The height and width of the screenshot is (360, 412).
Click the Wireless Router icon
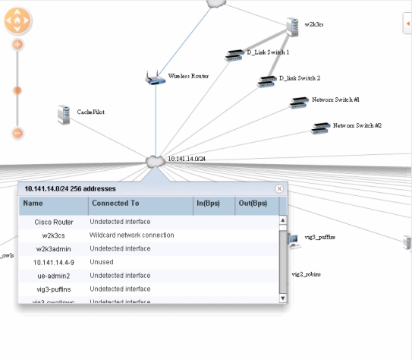[x=155, y=77]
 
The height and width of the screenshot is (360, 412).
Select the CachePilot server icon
[x=64, y=115]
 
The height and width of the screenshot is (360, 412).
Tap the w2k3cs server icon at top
[x=293, y=27]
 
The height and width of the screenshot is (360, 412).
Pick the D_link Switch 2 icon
[x=266, y=80]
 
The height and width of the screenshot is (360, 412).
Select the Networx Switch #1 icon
[x=298, y=103]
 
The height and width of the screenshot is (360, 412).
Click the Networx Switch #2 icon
[x=320, y=128]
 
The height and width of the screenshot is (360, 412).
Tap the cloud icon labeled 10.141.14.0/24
[x=155, y=161]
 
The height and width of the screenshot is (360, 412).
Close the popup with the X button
[x=279, y=188]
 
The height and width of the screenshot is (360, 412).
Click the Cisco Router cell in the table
[x=53, y=222]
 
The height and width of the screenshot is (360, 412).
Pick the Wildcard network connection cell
[x=132, y=235]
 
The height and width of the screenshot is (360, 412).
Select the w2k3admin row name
[x=53, y=248]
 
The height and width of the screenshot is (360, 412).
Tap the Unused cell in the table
[x=102, y=262]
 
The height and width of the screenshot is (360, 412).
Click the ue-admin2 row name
[x=53, y=276]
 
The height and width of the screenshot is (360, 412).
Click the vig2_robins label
[x=307, y=273]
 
